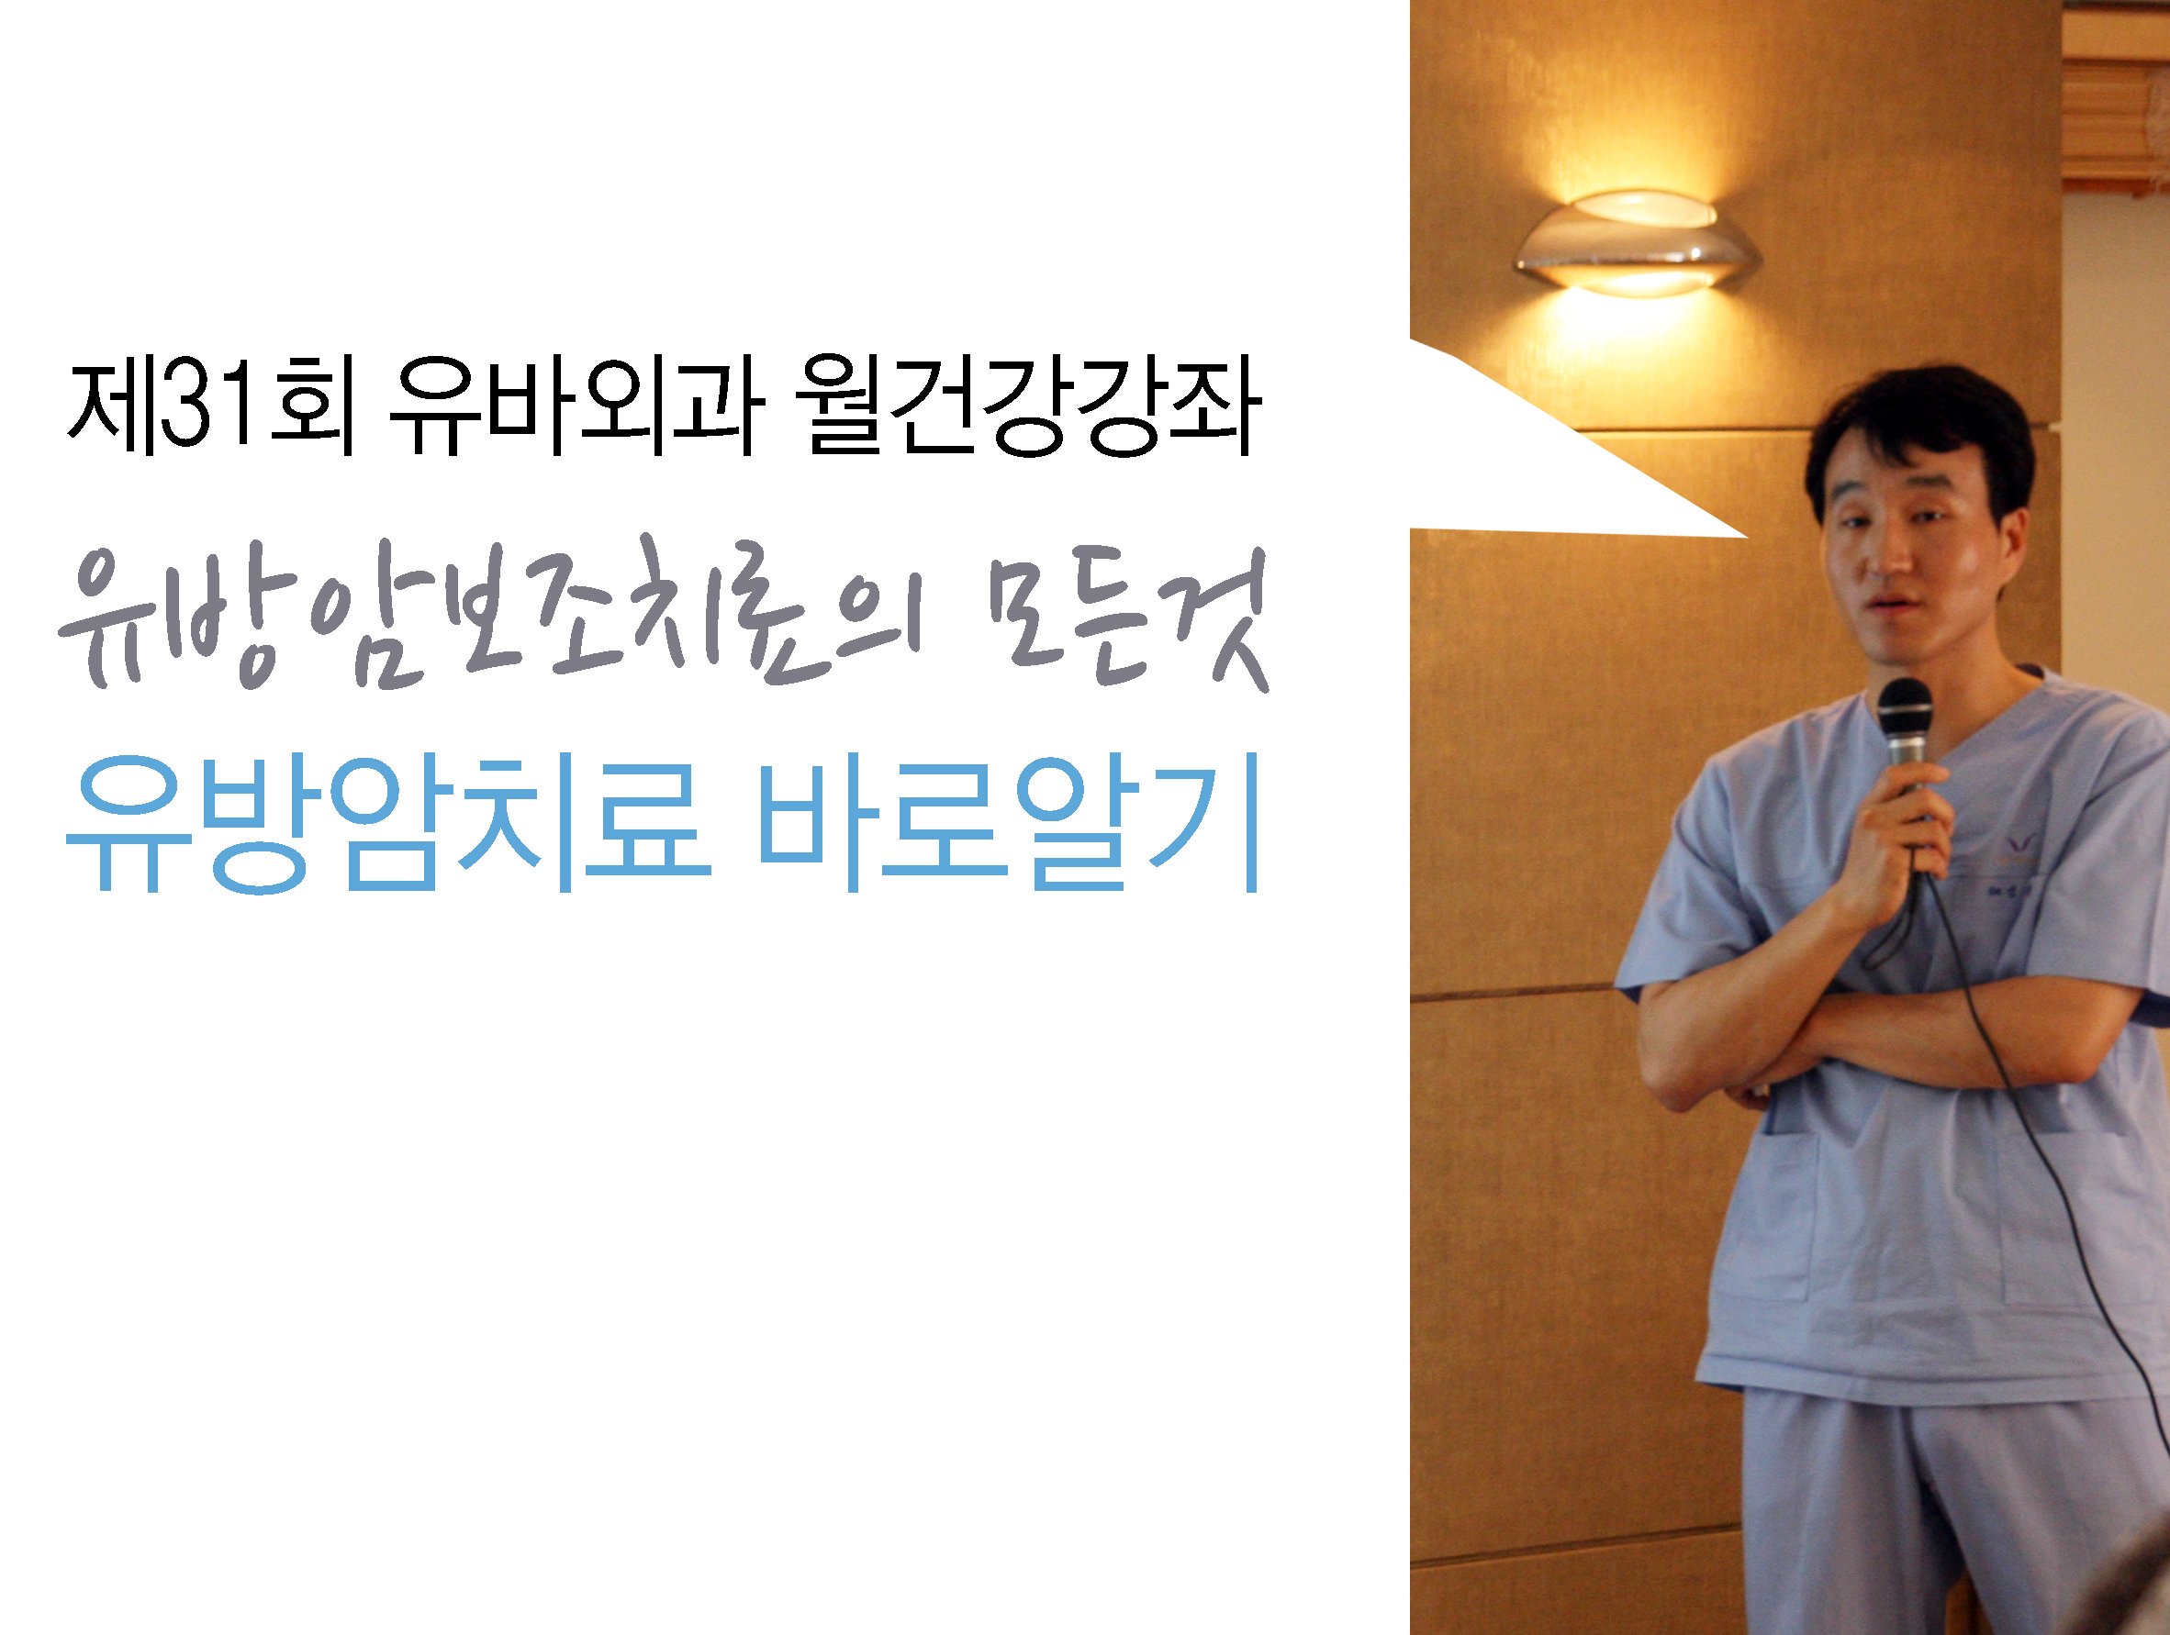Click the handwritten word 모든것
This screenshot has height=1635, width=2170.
point(1128,617)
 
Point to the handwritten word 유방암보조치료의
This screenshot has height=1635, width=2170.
point(490,617)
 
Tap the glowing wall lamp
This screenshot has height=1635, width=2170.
point(1637,243)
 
